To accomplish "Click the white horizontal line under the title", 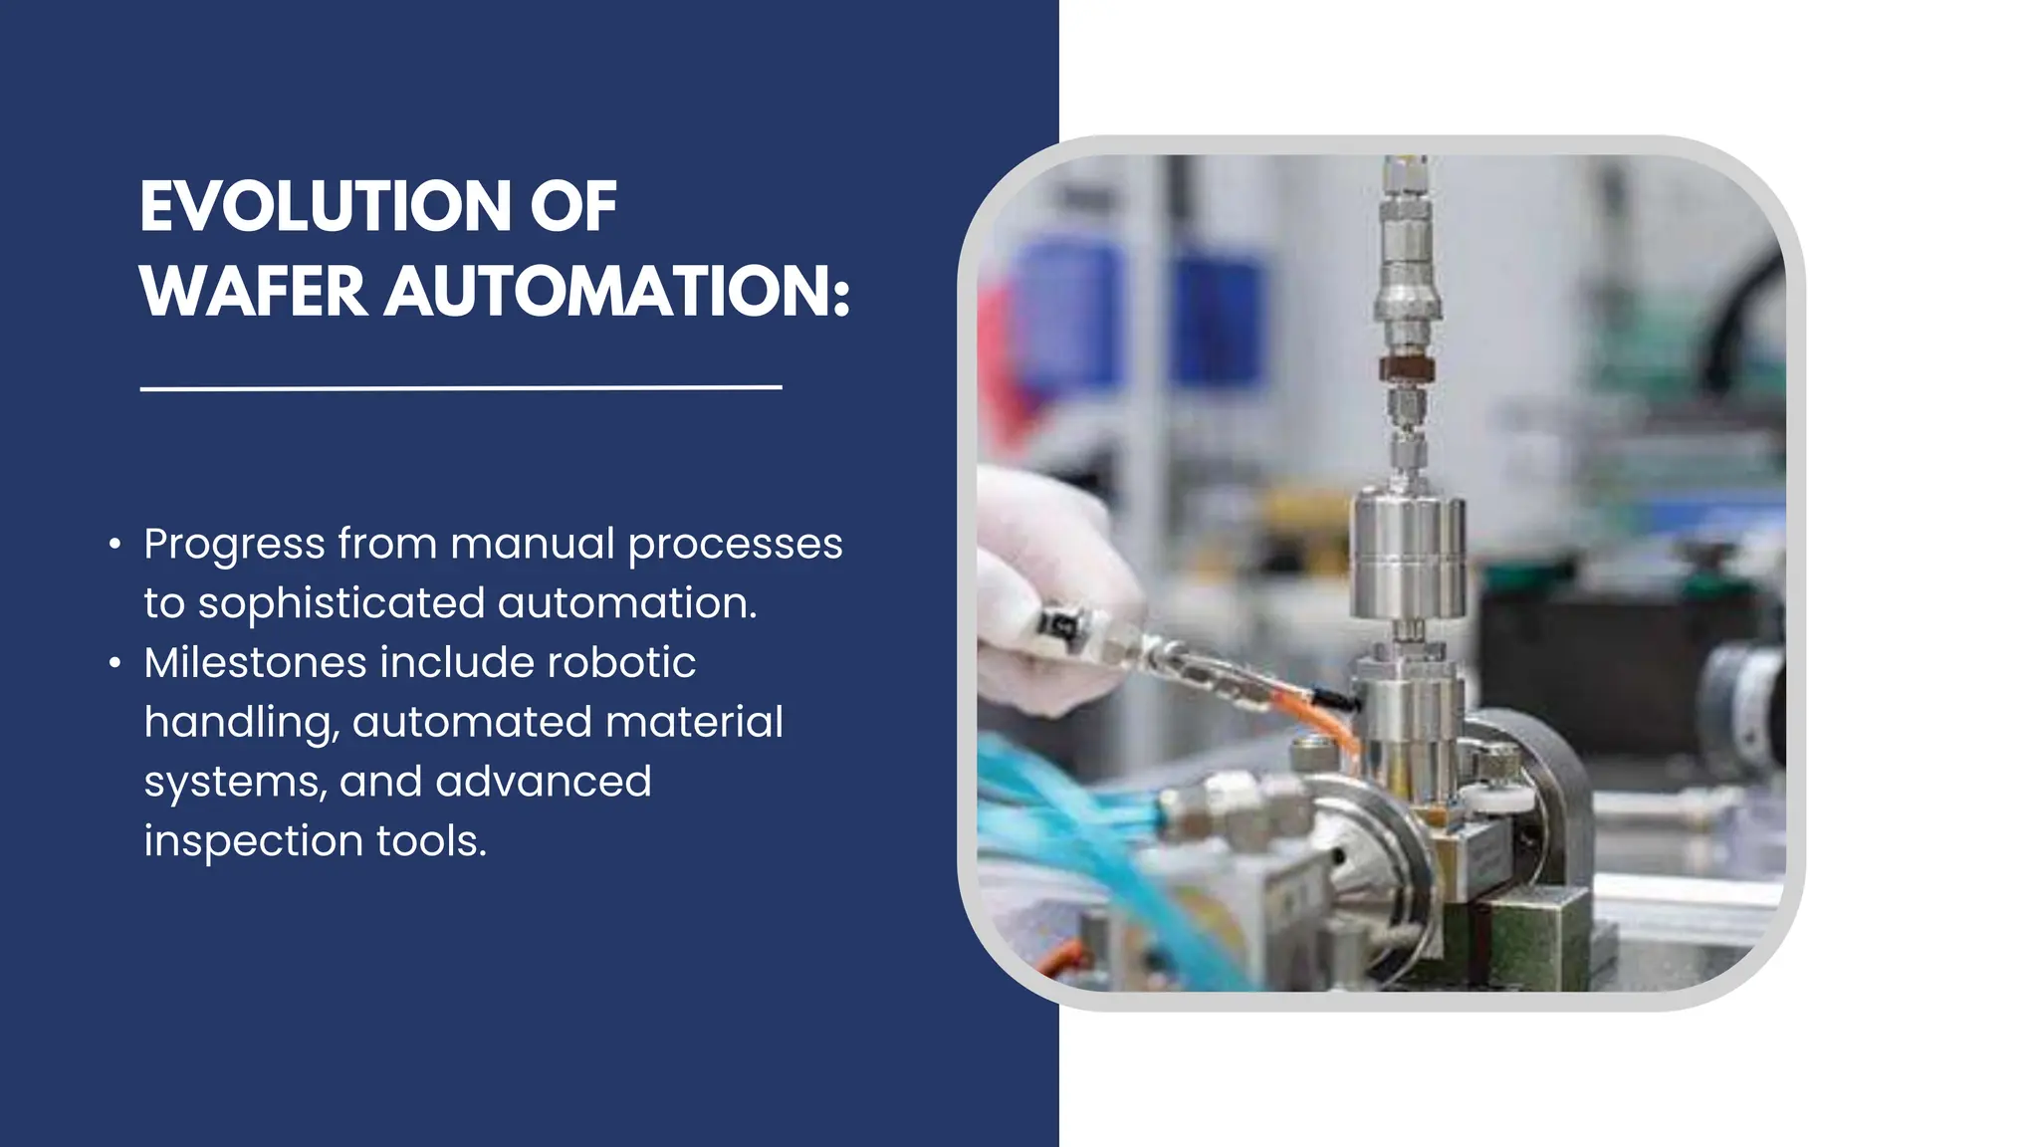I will (x=461, y=387).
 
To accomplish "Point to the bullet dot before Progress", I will (x=115, y=545).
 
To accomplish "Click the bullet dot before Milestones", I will (x=115, y=663).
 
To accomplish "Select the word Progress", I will (x=234, y=545).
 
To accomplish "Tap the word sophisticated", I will (x=340, y=603).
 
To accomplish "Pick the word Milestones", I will (x=255, y=663).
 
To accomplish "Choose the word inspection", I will (x=253, y=841).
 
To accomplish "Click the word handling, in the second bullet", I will (x=241, y=723).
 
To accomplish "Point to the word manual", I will (x=532, y=545).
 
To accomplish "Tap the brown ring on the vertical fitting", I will (x=1405, y=369).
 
